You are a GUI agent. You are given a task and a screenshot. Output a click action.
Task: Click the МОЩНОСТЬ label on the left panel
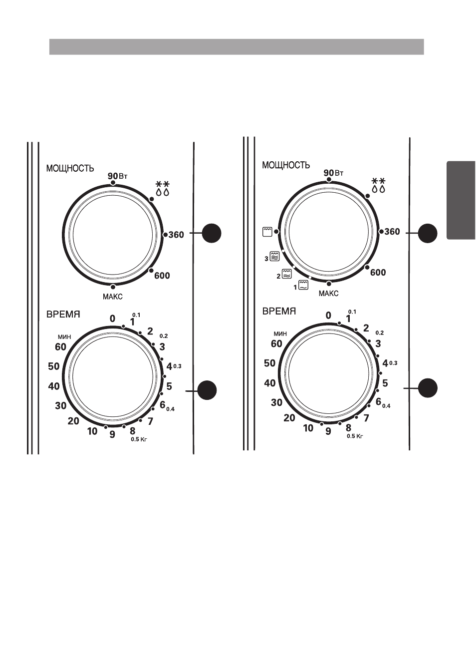point(70,169)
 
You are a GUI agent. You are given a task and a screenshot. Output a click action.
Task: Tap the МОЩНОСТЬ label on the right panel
point(286,165)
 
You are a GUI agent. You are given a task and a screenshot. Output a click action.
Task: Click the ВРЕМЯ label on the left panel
point(63,315)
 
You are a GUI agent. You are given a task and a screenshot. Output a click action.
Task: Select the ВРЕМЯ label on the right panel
point(279,312)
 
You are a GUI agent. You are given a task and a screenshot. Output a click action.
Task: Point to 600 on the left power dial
point(162,276)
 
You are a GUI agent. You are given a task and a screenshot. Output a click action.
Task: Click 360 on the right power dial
point(392,232)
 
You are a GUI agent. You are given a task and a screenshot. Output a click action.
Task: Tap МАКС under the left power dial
point(112,297)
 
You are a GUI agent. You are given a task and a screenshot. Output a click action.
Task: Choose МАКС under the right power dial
point(328,294)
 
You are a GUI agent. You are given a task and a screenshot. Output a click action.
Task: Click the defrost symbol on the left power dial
point(163,188)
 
